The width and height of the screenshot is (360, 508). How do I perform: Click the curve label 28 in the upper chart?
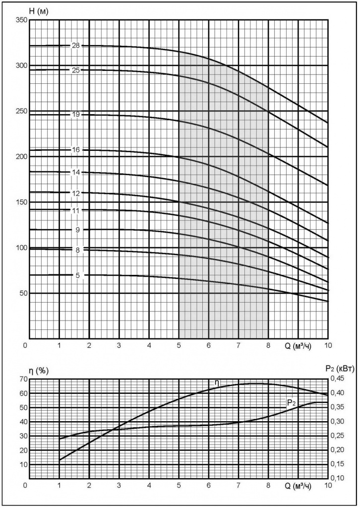coord(76,46)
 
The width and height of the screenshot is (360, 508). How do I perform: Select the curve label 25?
coord(76,70)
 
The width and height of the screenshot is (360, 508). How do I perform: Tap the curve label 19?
coord(76,115)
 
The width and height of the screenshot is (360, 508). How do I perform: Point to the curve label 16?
coord(76,150)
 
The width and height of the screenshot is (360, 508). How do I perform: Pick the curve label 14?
coord(76,172)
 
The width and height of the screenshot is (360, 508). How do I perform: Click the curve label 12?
coord(76,192)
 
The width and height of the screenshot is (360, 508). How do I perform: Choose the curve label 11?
coord(76,210)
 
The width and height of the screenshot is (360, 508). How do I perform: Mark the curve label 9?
coord(78,230)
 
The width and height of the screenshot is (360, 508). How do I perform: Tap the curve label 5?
coord(78,275)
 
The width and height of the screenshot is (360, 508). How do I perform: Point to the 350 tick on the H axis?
coord(20,20)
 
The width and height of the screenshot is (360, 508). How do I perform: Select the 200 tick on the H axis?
coord(20,157)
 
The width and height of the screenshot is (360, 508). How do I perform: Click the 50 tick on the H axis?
coord(22,293)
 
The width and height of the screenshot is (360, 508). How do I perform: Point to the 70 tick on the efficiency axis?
coord(22,380)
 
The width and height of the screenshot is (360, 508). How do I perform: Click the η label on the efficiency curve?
coord(217,382)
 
